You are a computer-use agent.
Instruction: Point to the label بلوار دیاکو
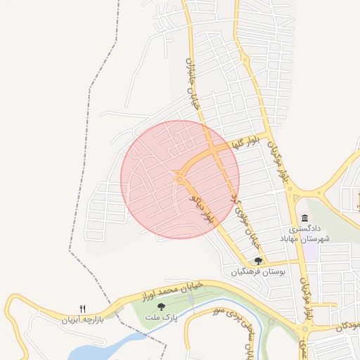200,210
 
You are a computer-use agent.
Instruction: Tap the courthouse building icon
304,218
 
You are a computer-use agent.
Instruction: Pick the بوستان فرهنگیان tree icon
258,261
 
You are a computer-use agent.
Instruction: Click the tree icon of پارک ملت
162,307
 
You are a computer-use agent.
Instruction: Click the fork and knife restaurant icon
83,309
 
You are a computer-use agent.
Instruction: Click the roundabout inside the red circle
180,179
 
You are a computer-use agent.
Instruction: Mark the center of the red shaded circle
180,179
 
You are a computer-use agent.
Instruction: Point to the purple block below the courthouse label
310,252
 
